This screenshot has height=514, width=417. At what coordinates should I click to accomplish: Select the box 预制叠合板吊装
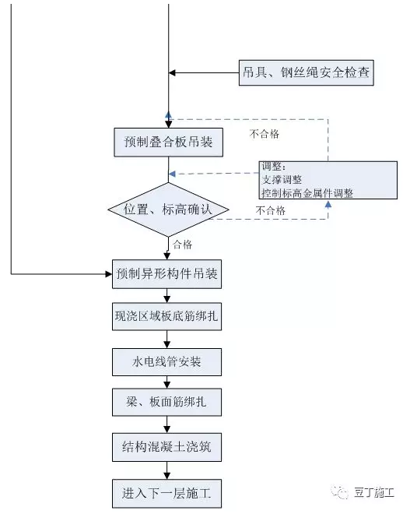pos(168,143)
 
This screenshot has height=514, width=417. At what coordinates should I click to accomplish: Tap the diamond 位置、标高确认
pos(168,209)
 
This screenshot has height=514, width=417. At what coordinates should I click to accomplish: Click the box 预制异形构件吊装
pos(168,274)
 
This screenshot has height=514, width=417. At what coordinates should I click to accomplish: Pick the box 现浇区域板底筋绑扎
pos(168,318)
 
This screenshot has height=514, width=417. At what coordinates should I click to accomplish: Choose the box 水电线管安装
pos(168,361)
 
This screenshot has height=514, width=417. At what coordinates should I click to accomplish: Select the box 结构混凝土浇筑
pos(168,449)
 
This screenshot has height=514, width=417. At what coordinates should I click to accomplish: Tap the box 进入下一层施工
pos(168,493)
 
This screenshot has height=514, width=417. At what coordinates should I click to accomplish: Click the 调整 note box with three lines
pos(328,180)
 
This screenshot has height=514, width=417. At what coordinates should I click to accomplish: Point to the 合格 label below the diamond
pos(182,245)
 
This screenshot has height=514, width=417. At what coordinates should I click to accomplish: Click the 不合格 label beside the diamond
pos(270,210)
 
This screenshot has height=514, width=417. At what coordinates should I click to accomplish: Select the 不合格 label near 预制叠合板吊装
pos(265,133)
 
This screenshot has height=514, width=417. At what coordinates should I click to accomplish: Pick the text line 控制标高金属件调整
pos(307,192)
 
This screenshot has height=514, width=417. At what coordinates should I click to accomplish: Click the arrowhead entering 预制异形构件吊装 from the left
pos(109,274)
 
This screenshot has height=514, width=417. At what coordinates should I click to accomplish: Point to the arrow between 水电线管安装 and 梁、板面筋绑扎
pos(168,383)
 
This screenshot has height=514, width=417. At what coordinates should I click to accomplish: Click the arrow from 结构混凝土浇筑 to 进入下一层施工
pos(168,470)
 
